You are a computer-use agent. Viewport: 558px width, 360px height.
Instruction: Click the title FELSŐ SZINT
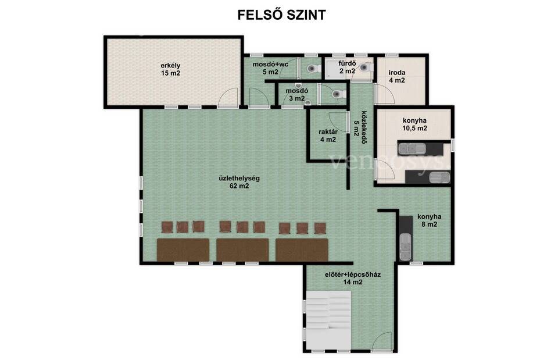281,15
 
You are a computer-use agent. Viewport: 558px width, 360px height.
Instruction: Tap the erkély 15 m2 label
170,69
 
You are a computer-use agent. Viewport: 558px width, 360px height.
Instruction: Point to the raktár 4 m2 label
328,136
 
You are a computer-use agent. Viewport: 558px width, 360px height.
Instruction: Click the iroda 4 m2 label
397,77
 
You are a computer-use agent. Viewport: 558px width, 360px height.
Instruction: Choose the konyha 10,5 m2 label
414,124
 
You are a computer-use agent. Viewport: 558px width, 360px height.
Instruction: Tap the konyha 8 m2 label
430,220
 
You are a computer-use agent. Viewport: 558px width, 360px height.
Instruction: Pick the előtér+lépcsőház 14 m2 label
353,279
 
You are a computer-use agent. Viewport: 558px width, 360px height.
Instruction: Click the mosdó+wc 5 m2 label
270,68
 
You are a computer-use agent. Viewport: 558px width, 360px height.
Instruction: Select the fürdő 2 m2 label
348,67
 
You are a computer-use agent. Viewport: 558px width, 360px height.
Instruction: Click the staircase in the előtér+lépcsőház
328,320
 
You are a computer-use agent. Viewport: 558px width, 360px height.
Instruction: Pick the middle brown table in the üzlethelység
243,250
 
